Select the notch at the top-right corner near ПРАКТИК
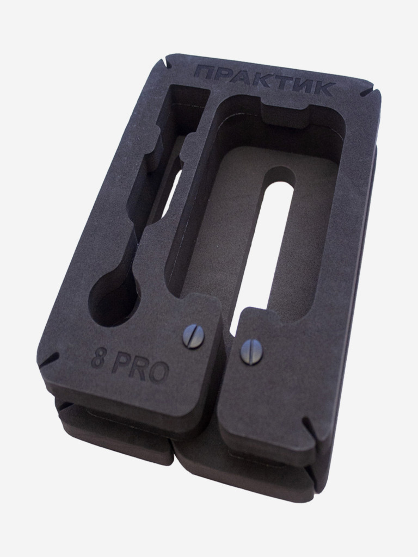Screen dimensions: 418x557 [x=370, y=92]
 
